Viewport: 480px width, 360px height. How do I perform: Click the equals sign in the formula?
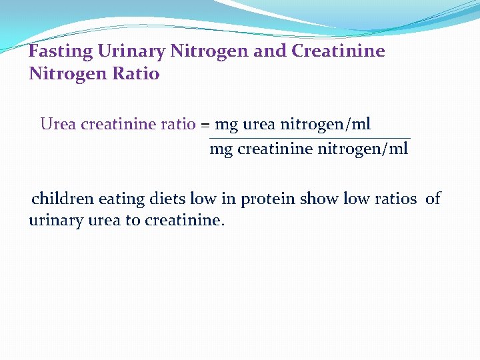coord(205,125)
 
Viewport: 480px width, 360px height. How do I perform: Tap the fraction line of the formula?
coord(309,139)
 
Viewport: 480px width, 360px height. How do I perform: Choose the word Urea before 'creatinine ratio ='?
coord(58,125)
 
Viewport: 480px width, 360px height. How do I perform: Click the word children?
coord(63,199)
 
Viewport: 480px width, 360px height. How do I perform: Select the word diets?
coord(168,199)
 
